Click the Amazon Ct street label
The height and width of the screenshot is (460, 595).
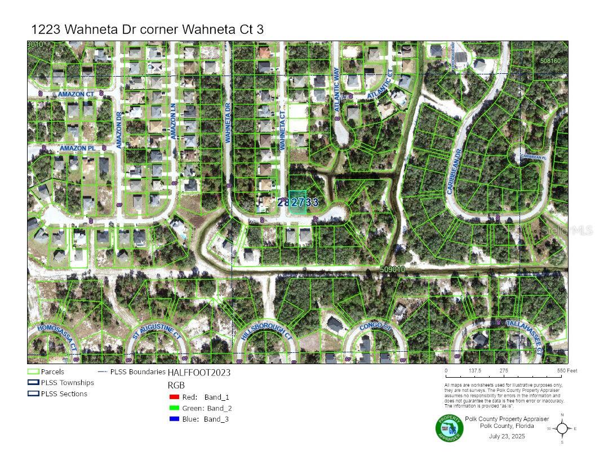click(76, 95)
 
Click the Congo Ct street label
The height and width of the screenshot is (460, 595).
click(375, 326)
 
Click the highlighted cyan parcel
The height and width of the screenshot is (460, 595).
click(297, 201)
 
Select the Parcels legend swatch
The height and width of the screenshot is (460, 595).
click(33, 372)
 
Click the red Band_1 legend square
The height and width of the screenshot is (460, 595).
click(174, 397)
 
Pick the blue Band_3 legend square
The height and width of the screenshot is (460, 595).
click(174, 419)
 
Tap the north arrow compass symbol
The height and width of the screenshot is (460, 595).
click(562, 428)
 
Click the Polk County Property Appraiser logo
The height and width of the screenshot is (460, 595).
click(449, 428)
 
